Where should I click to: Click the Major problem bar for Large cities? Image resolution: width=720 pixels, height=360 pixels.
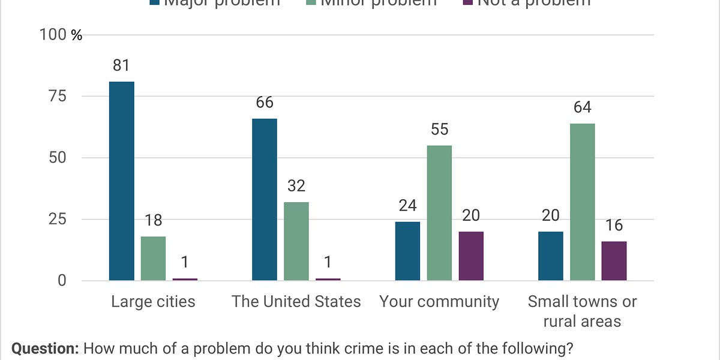121,181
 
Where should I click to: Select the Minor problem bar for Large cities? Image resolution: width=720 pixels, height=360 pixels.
153,258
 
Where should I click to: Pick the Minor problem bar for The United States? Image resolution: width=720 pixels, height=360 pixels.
296,241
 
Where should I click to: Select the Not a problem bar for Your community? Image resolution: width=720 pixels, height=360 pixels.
471,256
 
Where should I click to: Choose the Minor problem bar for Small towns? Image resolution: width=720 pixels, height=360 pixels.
582,202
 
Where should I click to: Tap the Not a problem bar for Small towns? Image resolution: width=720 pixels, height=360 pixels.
614,260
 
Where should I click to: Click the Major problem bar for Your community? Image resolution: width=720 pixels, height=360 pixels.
407,251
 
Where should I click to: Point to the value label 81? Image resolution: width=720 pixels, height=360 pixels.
121,65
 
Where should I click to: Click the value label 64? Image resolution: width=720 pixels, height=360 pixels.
582,107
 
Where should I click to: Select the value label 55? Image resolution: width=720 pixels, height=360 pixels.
439,130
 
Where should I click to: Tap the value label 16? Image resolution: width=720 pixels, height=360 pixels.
614,226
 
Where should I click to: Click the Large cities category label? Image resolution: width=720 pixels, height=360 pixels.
153,301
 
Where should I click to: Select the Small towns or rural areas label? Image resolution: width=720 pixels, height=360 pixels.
582,311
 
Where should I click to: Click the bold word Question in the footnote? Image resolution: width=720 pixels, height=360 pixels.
45,349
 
